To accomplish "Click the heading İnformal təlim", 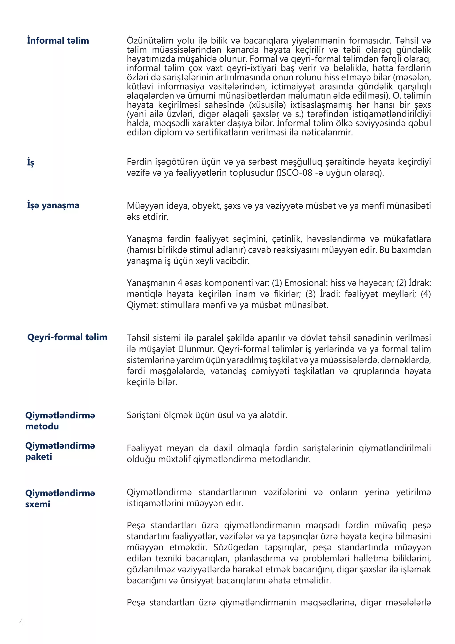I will [58, 41].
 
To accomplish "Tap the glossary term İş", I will [30, 162].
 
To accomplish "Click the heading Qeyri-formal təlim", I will [67, 337].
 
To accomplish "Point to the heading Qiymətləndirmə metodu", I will [60, 421].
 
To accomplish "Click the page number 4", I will [22, 622].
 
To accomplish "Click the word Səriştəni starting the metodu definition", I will [143, 415].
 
